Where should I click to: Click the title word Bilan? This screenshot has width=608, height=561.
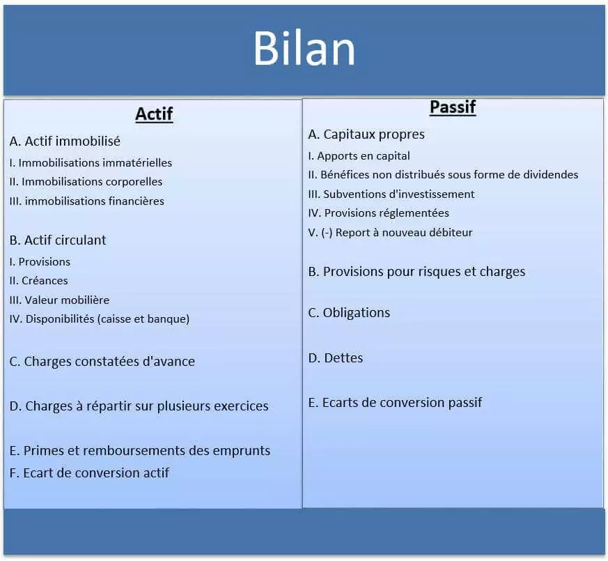pyautogui.click(x=304, y=49)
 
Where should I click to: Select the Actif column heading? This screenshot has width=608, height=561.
pyautogui.click(x=154, y=114)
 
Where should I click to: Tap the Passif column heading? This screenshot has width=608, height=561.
pyautogui.click(x=453, y=107)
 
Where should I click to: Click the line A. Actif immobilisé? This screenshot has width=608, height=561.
pyautogui.click(x=65, y=141)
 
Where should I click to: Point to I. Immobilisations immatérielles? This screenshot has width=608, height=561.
pyautogui.click(x=91, y=163)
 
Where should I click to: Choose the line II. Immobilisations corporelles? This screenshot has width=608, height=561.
pyautogui.click(x=86, y=182)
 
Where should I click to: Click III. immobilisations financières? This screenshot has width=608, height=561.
pyautogui.click(x=87, y=201)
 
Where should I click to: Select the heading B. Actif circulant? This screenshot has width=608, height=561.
pyautogui.click(x=58, y=240)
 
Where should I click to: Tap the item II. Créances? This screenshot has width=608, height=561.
pyautogui.click(x=39, y=281)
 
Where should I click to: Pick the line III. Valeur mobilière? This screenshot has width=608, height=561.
pyautogui.click(x=59, y=300)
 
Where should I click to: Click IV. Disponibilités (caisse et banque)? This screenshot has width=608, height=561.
pyautogui.click(x=100, y=319)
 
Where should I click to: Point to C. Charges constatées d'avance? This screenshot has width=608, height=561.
pyautogui.click(x=102, y=362)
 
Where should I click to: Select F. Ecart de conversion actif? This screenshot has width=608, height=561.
pyautogui.click(x=89, y=473)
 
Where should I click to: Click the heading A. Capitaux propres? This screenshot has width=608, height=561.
pyautogui.click(x=366, y=135)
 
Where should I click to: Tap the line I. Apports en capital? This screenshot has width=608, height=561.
pyautogui.click(x=359, y=156)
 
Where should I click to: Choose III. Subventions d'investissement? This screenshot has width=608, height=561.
pyautogui.click(x=391, y=194)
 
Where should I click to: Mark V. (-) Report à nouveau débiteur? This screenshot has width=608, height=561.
pyautogui.click(x=391, y=233)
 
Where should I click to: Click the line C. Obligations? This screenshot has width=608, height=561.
pyautogui.click(x=349, y=313)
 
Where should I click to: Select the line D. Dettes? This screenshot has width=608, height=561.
pyautogui.click(x=336, y=358)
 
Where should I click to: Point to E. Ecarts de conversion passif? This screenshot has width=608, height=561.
pyautogui.click(x=395, y=403)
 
